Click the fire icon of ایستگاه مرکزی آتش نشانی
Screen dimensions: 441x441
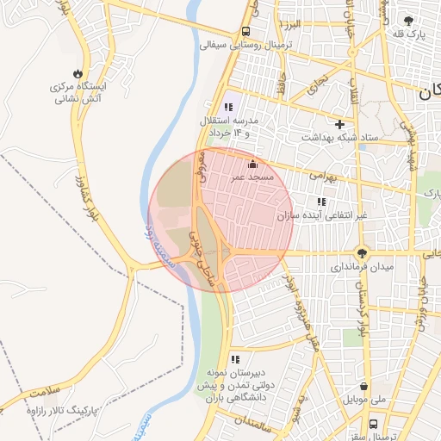point(80,72)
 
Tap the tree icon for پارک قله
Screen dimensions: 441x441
point(407,20)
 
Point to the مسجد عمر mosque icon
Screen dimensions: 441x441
point(252,164)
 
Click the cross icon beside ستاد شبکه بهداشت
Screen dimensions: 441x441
point(339,124)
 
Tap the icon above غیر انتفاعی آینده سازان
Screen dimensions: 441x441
point(321,202)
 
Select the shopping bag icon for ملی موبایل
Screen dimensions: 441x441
point(365,387)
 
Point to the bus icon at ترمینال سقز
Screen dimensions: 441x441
point(373,425)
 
